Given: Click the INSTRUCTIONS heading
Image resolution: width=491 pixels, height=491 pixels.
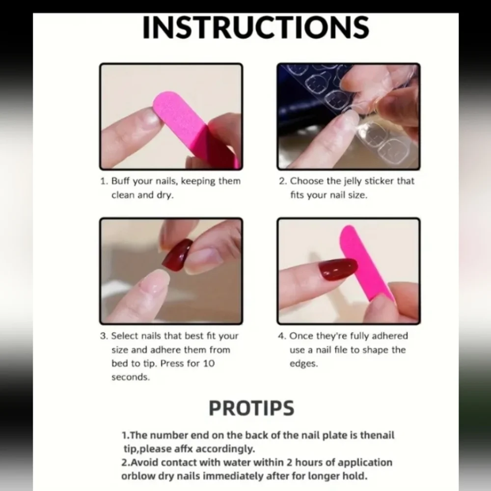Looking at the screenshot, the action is [256, 27].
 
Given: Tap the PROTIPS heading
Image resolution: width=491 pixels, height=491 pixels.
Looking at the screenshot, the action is [251, 408].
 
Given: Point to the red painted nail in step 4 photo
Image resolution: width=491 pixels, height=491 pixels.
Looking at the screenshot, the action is [338, 269].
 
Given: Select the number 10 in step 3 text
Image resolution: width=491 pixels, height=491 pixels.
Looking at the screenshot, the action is [209, 363].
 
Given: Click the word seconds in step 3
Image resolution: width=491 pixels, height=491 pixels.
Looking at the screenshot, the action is [131, 377].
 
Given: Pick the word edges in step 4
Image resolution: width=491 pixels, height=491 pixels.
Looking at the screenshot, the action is [303, 364].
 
